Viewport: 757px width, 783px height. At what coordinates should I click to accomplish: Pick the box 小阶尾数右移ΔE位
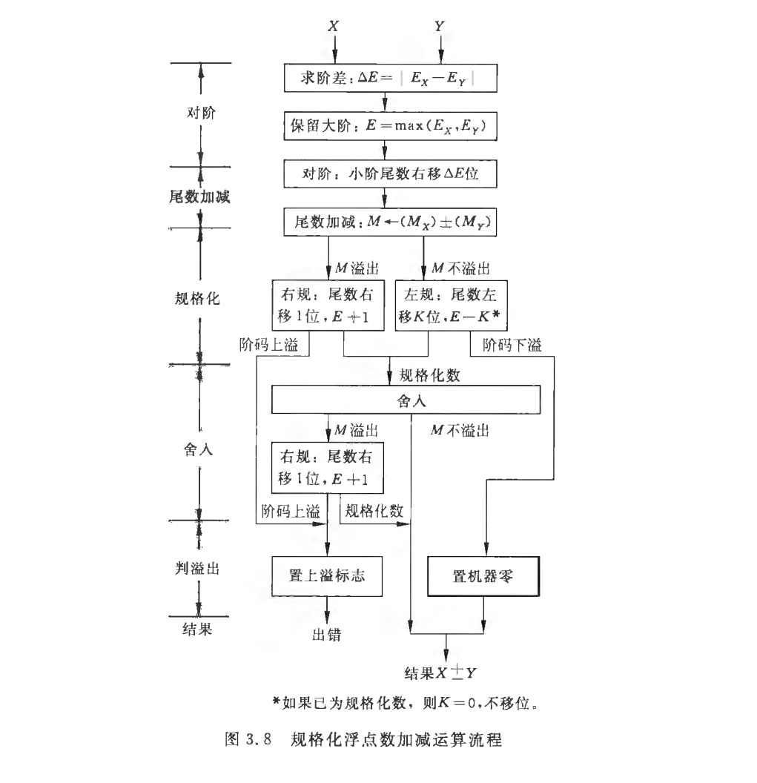click(384, 176)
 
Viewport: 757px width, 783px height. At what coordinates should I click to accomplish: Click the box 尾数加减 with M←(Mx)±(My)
click(384, 223)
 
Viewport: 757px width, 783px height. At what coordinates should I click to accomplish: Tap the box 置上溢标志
click(327, 575)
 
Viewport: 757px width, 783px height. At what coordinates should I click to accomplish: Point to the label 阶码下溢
click(512, 345)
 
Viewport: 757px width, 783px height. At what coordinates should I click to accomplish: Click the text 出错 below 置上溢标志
click(327, 635)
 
